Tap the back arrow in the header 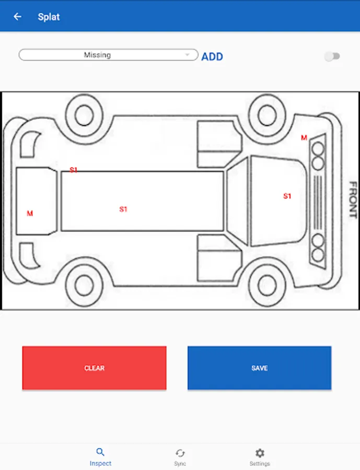pyautogui.click(x=17, y=17)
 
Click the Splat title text pyautogui.click(x=49, y=17)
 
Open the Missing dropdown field pyautogui.click(x=108, y=55)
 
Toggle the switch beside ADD pyautogui.click(x=332, y=56)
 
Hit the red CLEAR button pyautogui.click(x=94, y=368)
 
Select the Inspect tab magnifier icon pyautogui.click(x=100, y=452)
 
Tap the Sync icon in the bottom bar pyautogui.click(x=180, y=453)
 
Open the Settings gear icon pyautogui.click(x=260, y=453)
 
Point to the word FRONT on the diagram pyautogui.click(x=353, y=199)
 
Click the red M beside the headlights pyautogui.click(x=304, y=137)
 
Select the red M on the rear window pyautogui.click(x=30, y=214)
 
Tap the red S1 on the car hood pyautogui.click(x=287, y=196)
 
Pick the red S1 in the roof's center pyautogui.click(x=123, y=209)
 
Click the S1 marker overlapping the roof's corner pyautogui.click(x=74, y=170)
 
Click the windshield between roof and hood pyautogui.click(x=237, y=201)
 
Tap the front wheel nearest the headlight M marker pyautogui.click(x=266, y=115)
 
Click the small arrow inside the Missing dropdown pyautogui.click(x=187, y=54)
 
